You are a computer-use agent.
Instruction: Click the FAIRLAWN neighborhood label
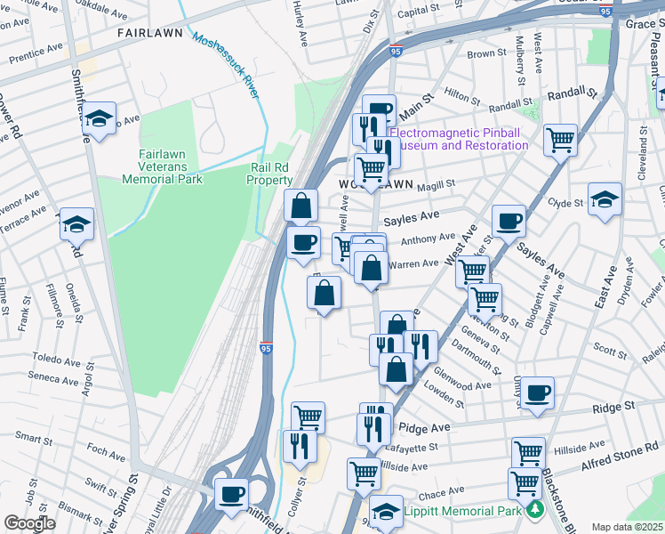pyautogui.click(x=150, y=33)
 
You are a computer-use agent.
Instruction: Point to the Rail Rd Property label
pyautogui.click(x=270, y=173)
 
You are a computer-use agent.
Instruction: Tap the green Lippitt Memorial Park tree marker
pyautogui.click(x=535, y=509)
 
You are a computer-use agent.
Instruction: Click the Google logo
pyautogui.click(x=29, y=523)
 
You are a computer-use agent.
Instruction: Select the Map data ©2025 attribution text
pyautogui.click(x=627, y=527)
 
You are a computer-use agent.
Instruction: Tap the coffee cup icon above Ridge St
pyautogui.click(x=537, y=392)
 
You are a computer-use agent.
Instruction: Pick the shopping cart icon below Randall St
pyautogui.click(x=560, y=139)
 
